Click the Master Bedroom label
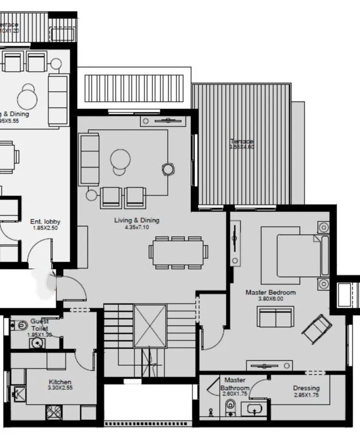click(270, 292)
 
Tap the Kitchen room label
click(60, 382)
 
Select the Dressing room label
click(306, 388)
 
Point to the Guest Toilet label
click(39, 325)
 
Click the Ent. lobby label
click(45, 221)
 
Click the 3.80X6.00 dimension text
click(270, 299)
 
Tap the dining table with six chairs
click(178, 252)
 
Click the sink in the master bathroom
click(254, 408)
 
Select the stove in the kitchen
click(53, 412)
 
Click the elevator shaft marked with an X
click(150, 326)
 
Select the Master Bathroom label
click(235, 384)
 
